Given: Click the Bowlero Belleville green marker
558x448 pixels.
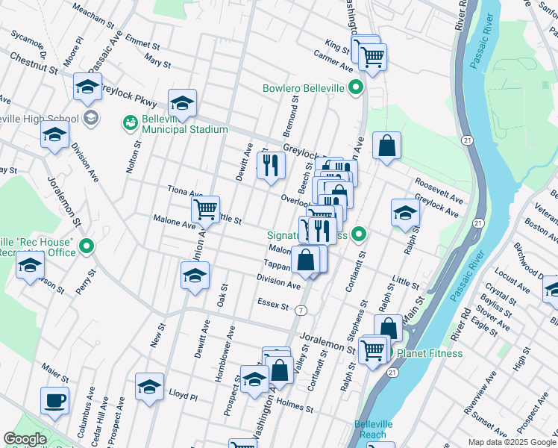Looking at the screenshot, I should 357,88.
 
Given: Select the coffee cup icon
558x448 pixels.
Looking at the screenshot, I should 54,401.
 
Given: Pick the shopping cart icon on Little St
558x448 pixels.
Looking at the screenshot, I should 205,209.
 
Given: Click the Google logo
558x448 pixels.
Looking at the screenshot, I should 25,439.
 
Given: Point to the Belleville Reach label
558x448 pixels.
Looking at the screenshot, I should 370,429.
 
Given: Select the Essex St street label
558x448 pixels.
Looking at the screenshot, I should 272,303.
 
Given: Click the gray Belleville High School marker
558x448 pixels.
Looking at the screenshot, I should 91,118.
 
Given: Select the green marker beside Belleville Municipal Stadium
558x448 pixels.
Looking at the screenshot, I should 131,121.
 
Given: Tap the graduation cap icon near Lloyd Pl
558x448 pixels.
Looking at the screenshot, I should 149,387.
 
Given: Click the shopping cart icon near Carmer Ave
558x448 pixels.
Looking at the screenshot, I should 372,55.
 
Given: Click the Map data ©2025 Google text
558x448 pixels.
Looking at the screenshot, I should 511,442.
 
